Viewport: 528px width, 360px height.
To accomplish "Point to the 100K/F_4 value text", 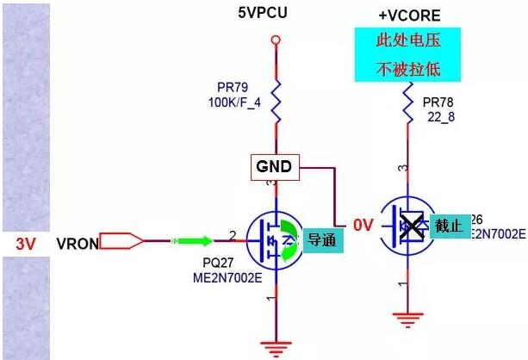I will (x=235, y=102).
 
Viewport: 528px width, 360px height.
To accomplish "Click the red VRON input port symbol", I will (x=121, y=241).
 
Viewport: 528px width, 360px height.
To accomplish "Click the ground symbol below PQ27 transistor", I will (x=276, y=346).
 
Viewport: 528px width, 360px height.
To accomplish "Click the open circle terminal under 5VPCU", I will (x=276, y=40).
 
